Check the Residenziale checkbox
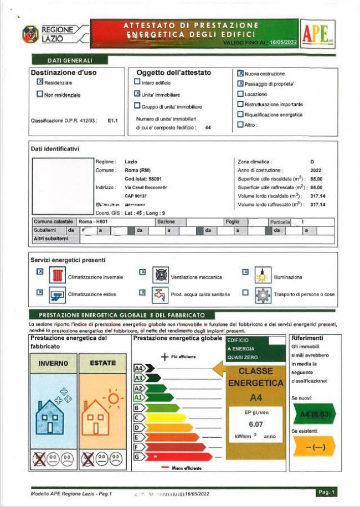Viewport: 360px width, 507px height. [40, 81]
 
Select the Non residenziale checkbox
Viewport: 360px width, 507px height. [40, 94]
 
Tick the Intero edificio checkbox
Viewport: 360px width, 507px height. [137, 82]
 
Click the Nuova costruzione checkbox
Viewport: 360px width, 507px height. [240, 73]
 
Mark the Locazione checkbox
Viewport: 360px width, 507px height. [240, 94]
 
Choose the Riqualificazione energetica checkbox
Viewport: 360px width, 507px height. [240, 115]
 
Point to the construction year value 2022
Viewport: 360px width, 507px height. [316, 170]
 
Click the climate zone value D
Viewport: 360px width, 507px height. [312, 161]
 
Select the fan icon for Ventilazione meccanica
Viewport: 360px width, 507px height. [160, 276]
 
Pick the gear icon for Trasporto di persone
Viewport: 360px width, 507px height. [263, 294]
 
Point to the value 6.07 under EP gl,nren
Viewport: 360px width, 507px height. [255, 423]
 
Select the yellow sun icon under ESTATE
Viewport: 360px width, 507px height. [113, 397]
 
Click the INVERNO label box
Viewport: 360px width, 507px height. [53, 363]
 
